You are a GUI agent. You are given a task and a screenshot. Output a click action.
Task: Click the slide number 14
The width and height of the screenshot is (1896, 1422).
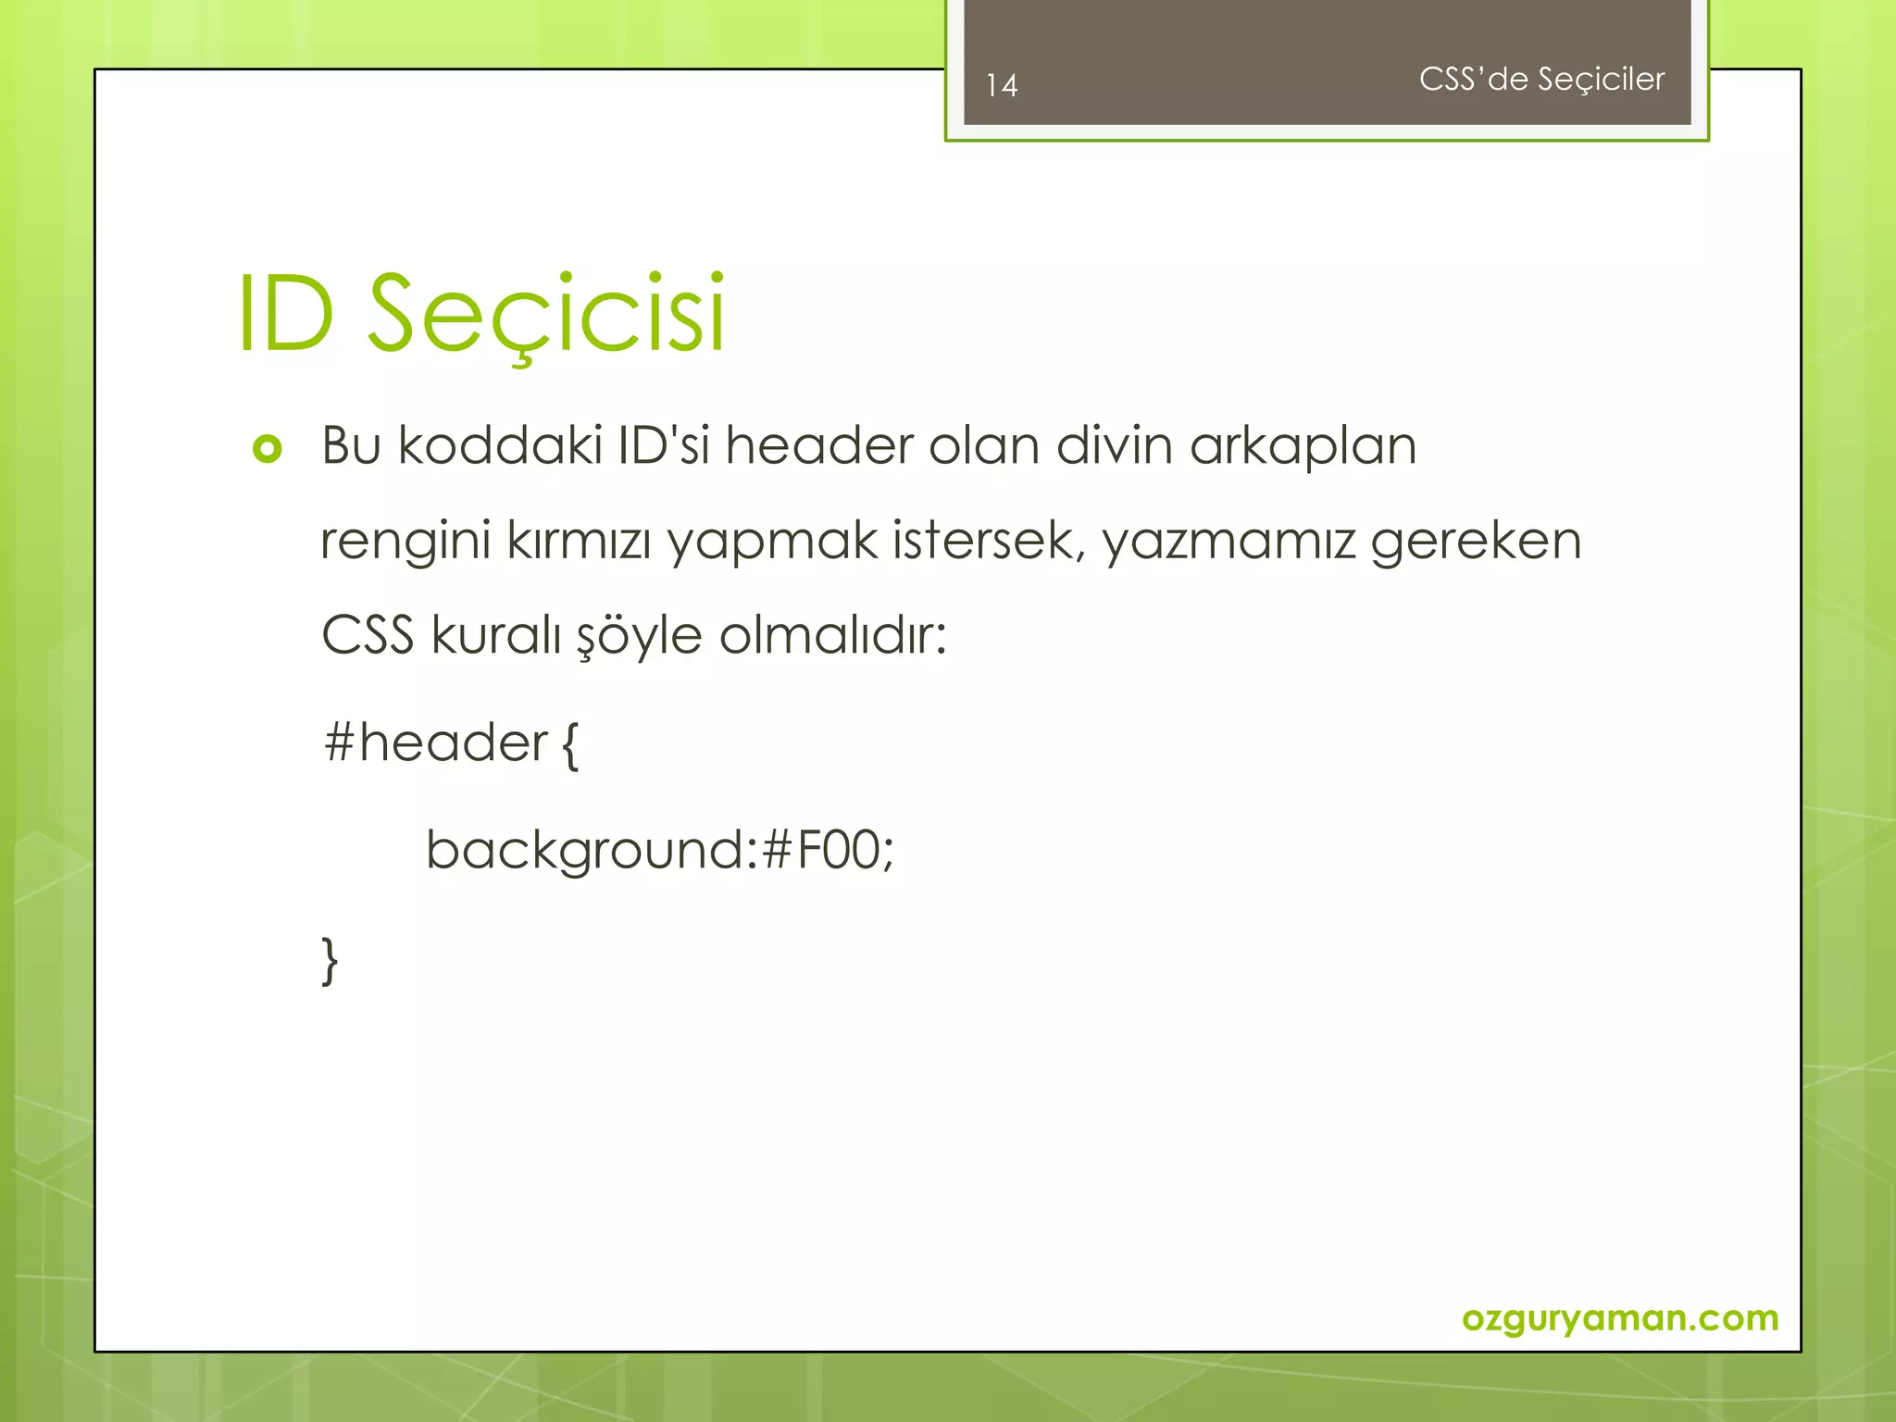(1002, 86)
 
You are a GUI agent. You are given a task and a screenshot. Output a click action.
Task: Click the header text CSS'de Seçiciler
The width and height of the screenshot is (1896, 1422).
(1541, 80)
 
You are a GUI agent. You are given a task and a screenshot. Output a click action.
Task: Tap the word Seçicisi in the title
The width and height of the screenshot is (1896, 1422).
(546, 315)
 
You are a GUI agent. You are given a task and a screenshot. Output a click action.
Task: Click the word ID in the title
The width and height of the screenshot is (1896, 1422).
(285, 315)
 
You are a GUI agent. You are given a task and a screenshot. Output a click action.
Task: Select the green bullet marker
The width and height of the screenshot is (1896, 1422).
(267, 450)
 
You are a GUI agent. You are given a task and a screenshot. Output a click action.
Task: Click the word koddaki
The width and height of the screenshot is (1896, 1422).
(500, 445)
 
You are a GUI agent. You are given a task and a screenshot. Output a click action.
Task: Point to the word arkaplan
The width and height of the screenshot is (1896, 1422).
(1303, 447)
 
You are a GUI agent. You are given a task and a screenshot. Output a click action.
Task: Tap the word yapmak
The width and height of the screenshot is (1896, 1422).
(772, 543)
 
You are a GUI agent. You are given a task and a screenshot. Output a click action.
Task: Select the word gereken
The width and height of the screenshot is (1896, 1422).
(1476, 543)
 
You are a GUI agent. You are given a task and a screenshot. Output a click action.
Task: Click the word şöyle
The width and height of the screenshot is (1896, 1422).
(639, 637)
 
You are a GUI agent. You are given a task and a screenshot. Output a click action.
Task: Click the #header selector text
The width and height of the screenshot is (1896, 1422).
(435, 742)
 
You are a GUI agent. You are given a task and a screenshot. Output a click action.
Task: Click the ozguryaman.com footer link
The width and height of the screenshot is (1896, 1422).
(1620, 1317)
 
